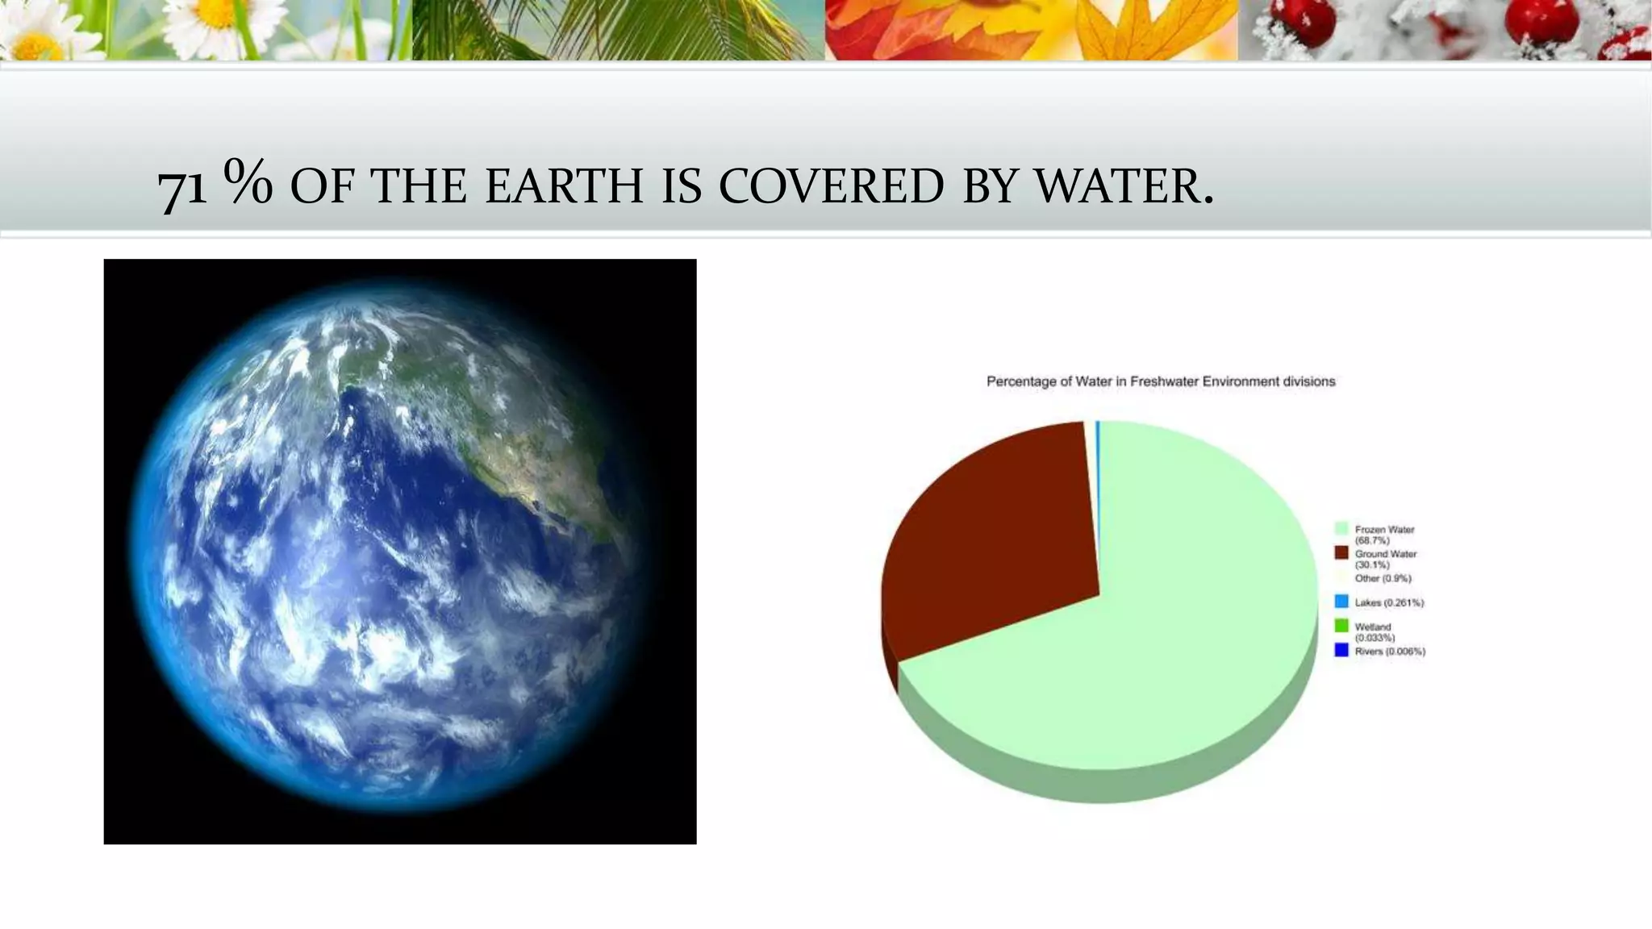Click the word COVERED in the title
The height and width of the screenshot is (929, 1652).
coord(831,186)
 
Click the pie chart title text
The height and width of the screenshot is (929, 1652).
coord(1161,381)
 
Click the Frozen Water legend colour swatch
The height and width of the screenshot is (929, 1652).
coord(1341,529)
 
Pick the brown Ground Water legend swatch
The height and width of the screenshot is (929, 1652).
coord(1341,553)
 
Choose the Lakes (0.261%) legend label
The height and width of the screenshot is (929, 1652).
coord(1389,602)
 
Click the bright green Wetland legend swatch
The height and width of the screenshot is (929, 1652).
coord(1341,626)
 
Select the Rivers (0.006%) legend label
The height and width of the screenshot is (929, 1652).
coord(1390,652)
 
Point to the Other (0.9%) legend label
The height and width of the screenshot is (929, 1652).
coord(1383,578)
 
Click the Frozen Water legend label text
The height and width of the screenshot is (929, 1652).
coord(1384,535)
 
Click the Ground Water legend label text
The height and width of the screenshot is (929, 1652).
coord(1386,559)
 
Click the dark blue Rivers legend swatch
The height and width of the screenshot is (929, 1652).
coord(1341,650)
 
